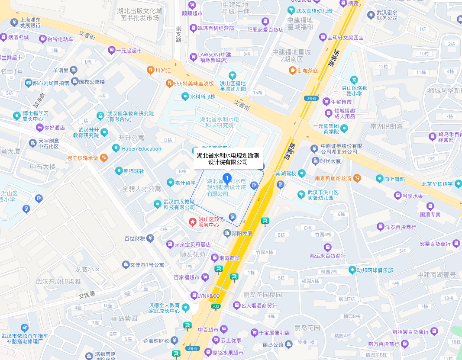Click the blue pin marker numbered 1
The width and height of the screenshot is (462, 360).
(226, 177)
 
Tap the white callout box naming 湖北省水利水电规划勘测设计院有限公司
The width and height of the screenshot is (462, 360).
(228, 158)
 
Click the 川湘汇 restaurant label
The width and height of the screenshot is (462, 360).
(163, 70)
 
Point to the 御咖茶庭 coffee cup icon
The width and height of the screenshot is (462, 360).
(293, 70)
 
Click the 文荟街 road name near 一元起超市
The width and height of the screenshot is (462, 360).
(87, 35)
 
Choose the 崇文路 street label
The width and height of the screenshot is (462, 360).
(178, 34)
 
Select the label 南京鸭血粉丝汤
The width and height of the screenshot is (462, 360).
(333, 178)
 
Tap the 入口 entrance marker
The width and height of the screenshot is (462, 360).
(216, 306)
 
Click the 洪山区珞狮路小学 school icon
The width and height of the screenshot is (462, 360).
(354, 80)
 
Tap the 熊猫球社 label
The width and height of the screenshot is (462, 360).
(134, 171)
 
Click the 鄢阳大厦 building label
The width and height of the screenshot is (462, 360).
(242, 233)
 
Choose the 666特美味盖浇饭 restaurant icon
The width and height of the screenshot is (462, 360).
(169, 83)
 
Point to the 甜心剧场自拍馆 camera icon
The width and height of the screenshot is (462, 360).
(29, 83)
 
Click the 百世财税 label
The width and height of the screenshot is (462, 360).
(135, 238)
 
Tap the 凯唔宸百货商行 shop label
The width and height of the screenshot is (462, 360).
(408, 332)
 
